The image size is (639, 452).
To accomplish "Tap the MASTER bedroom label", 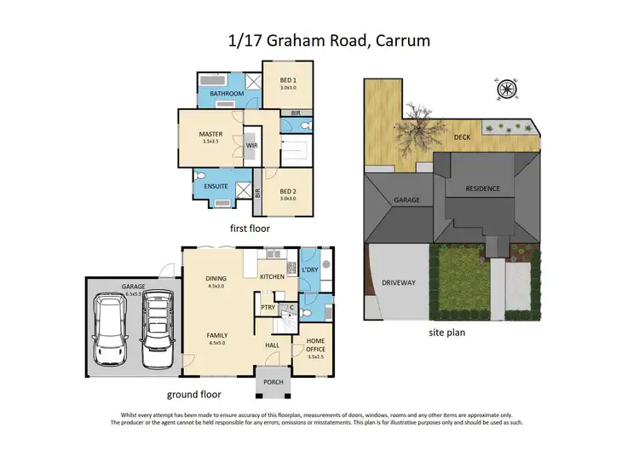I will pos(210,134).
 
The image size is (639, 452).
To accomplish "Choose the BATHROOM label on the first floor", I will pos(227,94).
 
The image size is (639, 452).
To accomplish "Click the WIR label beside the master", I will pos(252,146).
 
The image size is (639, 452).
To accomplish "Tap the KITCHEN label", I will pos(272,277).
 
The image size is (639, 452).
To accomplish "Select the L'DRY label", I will pos(311,271).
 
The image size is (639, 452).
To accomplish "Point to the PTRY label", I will pos(268,307).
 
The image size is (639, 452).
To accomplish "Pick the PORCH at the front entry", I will pos(273,382).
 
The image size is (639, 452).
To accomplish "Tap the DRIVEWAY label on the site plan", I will pos(399,282).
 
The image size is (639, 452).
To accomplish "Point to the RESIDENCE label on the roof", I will pos(482,188).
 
